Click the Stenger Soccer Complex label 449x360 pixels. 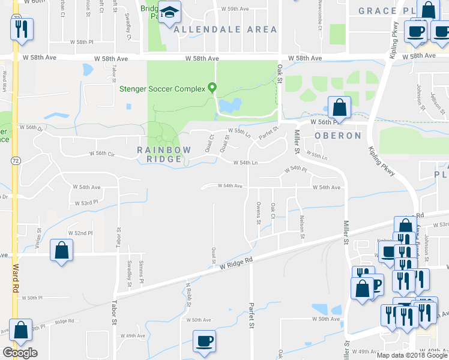point(163,89)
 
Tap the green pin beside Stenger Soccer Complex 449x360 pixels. point(212,89)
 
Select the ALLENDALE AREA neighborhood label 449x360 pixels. point(226,29)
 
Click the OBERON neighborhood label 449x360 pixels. point(338,136)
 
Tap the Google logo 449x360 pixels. point(20,352)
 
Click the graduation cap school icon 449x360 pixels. point(171,12)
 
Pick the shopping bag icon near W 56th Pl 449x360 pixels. point(339,108)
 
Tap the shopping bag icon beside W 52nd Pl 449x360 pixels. point(62,251)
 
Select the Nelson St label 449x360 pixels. point(302,227)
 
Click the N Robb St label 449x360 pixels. point(188,294)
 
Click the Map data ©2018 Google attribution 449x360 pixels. point(411,355)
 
